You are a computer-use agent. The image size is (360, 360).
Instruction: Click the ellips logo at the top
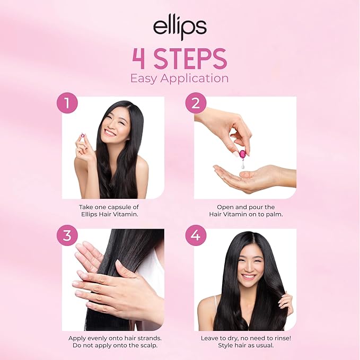[x=180, y=28]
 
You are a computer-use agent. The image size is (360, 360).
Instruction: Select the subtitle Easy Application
[x=180, y=78]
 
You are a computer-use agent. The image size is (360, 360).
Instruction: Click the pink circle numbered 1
[x=67, y=103]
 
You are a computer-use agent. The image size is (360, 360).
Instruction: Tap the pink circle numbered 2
[x=196, y=103]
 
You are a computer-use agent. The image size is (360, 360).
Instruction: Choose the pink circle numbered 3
[x=67, y=235]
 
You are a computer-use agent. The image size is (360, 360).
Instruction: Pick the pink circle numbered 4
[x=196, y=235]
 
